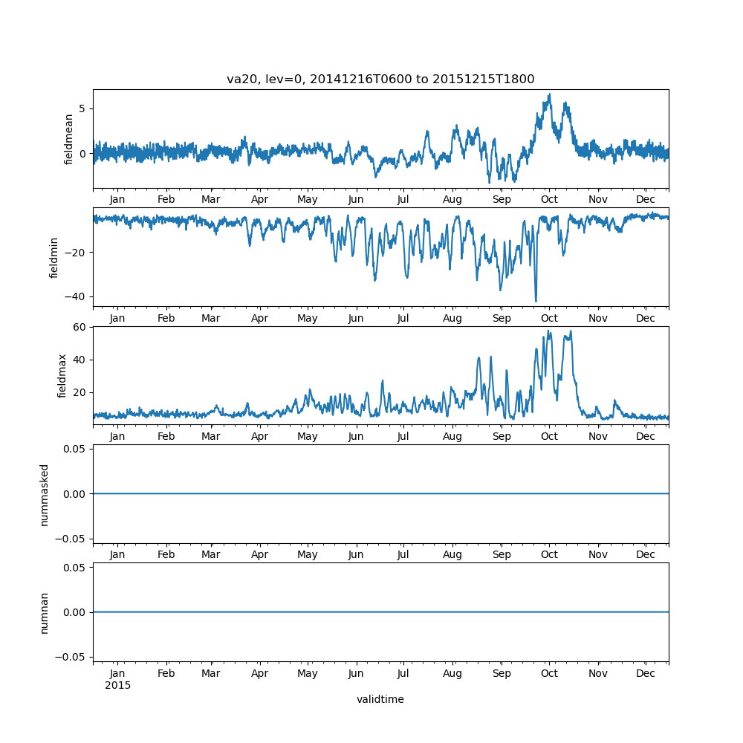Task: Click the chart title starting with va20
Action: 380,80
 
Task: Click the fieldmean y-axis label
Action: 69,139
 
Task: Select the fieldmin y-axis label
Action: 54,257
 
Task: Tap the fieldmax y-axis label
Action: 62,375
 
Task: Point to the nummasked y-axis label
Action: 45,494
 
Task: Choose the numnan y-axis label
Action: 45,612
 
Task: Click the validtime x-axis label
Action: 380,699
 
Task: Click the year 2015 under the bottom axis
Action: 117,685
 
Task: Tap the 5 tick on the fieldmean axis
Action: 83,108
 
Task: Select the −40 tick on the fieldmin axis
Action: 76,296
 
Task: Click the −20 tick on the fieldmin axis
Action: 76,253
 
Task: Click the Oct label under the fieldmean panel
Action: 549,200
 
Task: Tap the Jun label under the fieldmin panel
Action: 356,318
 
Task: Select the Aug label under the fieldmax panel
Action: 452,436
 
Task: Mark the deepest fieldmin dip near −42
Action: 536,301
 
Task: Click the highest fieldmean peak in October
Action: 549,94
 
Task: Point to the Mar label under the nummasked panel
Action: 211,555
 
